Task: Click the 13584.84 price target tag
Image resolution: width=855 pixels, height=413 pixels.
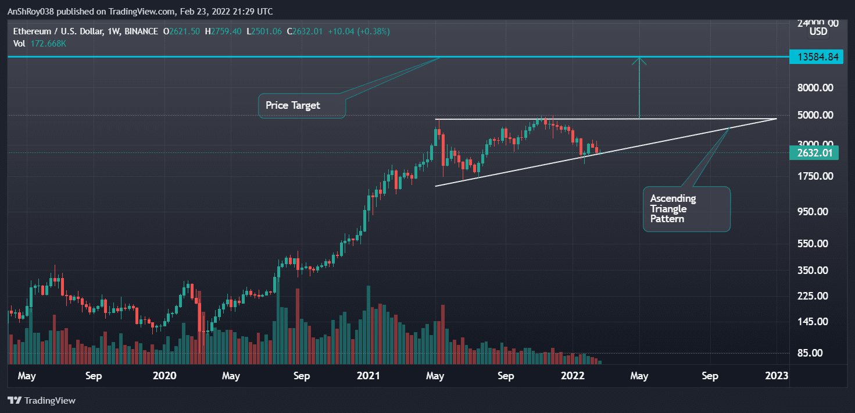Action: [816, 56]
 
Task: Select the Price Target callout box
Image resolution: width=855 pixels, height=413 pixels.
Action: [301, 106]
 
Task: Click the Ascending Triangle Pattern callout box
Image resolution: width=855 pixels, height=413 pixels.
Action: [686, 209]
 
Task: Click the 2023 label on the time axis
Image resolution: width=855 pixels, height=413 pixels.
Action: [777, 376]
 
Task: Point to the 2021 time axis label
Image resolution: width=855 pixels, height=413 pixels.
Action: [369, 376]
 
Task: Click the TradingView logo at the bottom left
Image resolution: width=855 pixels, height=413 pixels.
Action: [41, 400]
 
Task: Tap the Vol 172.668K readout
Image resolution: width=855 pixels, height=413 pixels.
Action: [37, 44]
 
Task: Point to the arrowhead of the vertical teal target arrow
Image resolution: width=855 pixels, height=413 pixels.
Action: [639, 59]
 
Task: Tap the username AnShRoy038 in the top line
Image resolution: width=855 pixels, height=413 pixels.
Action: [32, 12]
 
